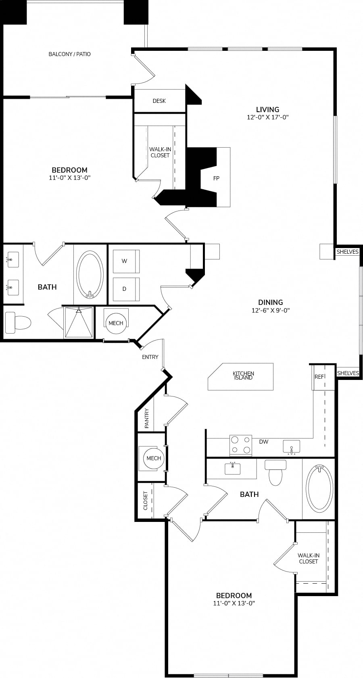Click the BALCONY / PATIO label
point(70,54)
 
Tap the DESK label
point(159,101)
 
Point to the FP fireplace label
point(216,178)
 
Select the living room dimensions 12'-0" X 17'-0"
point(268,117)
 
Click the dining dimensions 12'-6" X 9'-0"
point(271,310)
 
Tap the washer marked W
point(126,261)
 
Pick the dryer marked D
point(126,289)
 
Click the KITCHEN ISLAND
point(241,377)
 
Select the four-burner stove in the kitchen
point(241,445)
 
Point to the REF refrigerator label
point(319,377)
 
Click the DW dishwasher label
point(264,442)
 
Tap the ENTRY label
point(150,357)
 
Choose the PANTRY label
point(147,418)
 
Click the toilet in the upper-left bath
point(18,323)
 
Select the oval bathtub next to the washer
point(90,274)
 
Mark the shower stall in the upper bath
point(79,322)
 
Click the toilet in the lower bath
point(275,472)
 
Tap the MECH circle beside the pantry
point(154,458)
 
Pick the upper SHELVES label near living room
point(348,252)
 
